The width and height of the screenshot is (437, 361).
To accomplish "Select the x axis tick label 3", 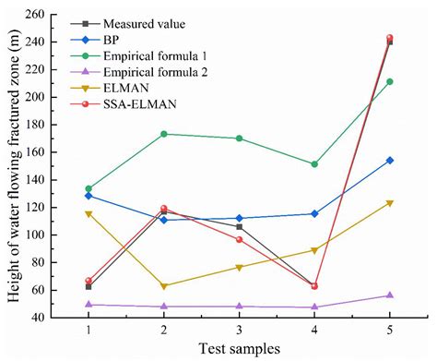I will click(x=239, y=330).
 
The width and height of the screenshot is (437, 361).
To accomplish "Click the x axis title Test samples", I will click(x=238, y=348).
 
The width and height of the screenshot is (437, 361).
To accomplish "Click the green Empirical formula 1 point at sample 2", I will click(x=163, y=134).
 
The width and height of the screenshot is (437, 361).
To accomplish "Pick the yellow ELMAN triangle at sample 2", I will click(x=163, y=286).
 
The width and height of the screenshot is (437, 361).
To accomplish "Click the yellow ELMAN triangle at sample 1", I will click(x=89, y=214).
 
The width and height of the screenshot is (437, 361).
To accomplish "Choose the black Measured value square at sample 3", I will click(x=239, y=226).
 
